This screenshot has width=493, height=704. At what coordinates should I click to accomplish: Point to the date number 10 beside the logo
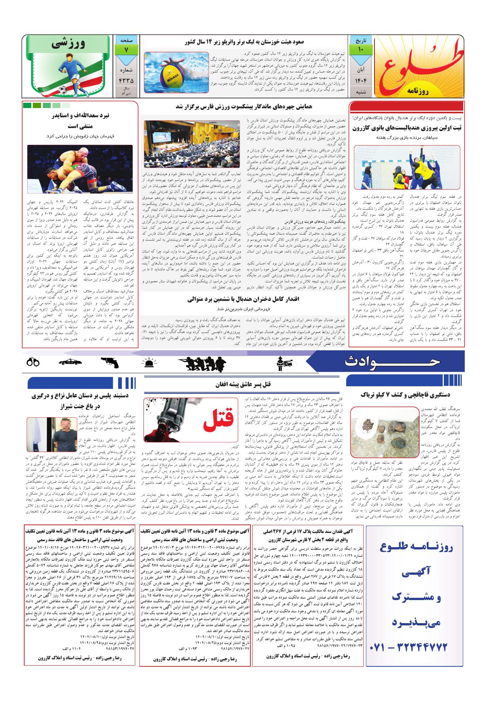[x=361, y=50]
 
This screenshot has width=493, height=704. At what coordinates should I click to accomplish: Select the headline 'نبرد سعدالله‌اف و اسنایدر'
[x=80, y=115]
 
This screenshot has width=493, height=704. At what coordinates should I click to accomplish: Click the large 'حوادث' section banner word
[x=392, y=361]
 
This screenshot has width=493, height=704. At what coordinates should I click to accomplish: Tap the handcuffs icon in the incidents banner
[x=34, y=362]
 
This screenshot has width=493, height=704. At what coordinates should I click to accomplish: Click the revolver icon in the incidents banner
[x=109, y=362]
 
